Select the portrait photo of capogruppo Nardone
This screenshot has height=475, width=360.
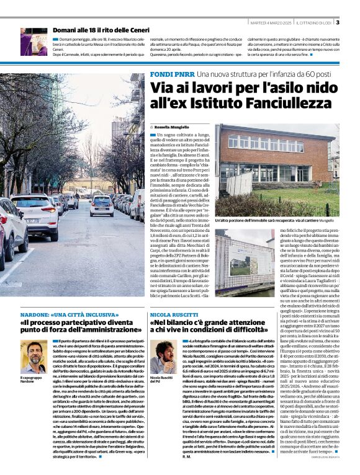pyautogui.click(x=34, y=356)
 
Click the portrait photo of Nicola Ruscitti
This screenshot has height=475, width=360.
pyautogui.click(x=163, y=356)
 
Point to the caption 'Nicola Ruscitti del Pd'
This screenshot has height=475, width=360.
pyautogui.click(x=161, y=380)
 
